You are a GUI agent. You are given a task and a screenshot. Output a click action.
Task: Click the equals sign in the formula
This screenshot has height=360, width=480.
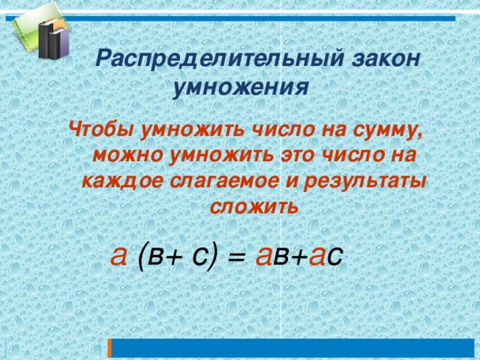tap(235, 257)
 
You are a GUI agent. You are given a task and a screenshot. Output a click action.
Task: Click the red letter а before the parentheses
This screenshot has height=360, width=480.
tap(118, 255)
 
